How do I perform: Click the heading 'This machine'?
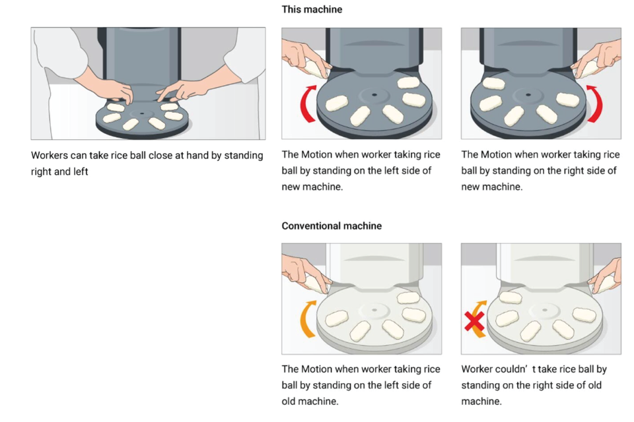pos(312,10)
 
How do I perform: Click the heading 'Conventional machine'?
pos(332,226)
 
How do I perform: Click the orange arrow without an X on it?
pos(308,318)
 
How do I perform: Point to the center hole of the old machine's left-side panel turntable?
pos(374,309)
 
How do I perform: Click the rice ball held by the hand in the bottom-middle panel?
pos(315,283)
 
